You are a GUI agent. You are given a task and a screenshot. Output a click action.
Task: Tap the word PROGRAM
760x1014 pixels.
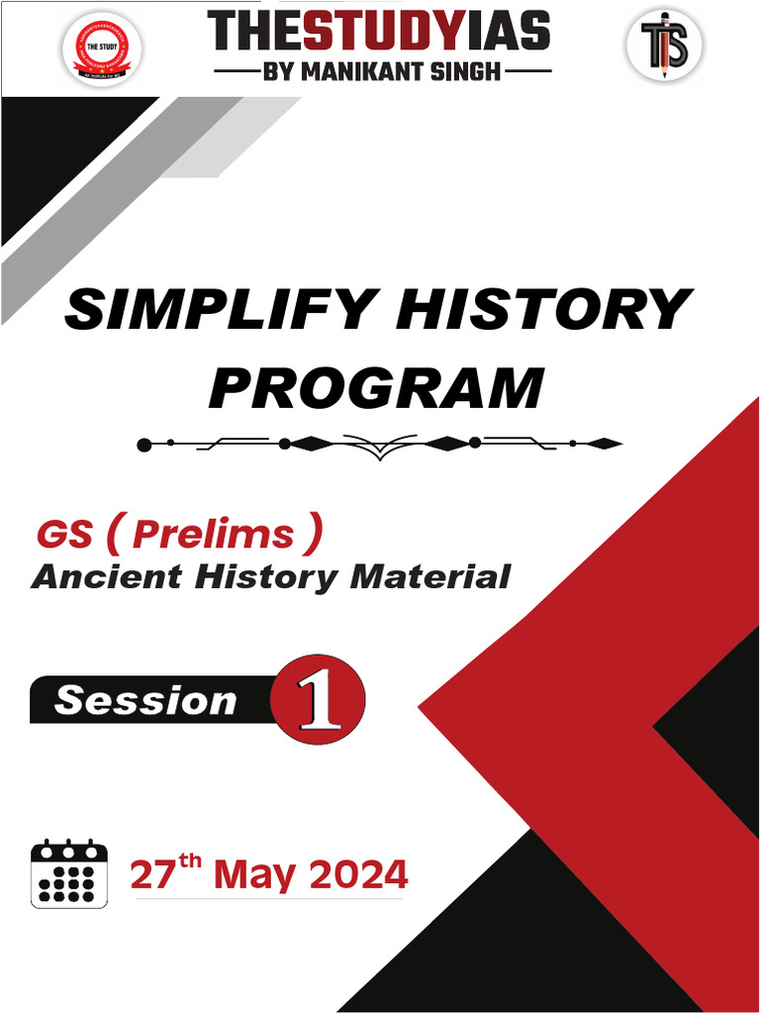point(377,387)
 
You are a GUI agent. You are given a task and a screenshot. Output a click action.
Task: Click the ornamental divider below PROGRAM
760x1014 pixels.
point(380,444)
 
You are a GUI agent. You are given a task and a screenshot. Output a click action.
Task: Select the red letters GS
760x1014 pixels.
point(65,535)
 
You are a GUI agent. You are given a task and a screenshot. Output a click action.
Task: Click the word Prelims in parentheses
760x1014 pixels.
point(213,535)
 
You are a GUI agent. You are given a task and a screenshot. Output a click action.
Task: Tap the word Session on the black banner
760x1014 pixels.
point(145,701)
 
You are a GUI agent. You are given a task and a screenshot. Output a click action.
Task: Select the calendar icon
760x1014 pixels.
point(68,873)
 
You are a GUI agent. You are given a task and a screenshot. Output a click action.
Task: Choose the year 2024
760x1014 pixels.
point(357,876)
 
